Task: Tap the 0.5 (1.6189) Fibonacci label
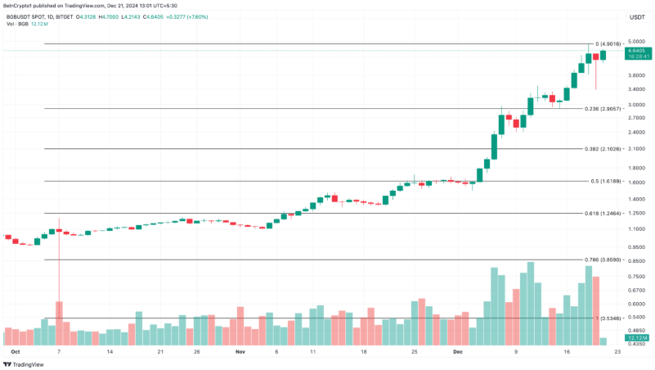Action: point(606,181)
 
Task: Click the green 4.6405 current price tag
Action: point(639,51)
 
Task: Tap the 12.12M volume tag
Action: point(639,337)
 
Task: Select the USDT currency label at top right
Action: point(637,16)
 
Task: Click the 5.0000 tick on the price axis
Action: point(637,42)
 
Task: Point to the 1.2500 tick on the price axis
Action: point(637,212)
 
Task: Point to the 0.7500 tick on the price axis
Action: point(637,276)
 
